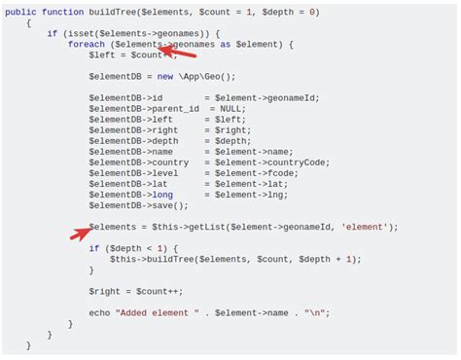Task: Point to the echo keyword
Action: pyautogui.click(x=98, y=312)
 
